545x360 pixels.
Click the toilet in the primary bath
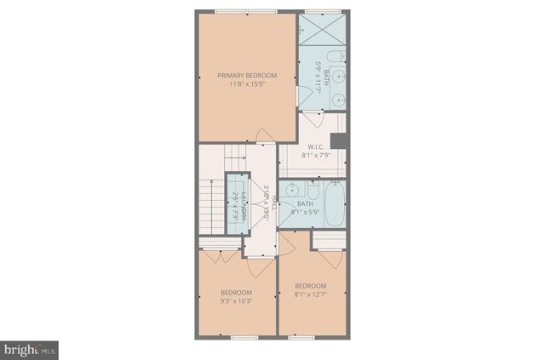click(338, 58)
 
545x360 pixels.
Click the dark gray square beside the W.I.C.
click(339, 141)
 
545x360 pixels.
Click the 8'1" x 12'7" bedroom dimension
click(311, 294)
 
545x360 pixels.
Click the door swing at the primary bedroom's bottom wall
click(265, 135)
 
